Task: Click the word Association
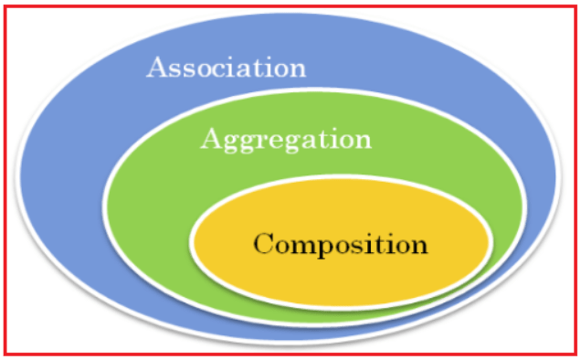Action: (226, 69)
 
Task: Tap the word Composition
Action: (340, 245)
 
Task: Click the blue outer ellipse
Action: (82, 183)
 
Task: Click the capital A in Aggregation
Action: (211, 139)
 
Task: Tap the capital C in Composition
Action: (264, 244)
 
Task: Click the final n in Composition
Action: (417, 246)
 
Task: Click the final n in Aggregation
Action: (362, 142)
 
